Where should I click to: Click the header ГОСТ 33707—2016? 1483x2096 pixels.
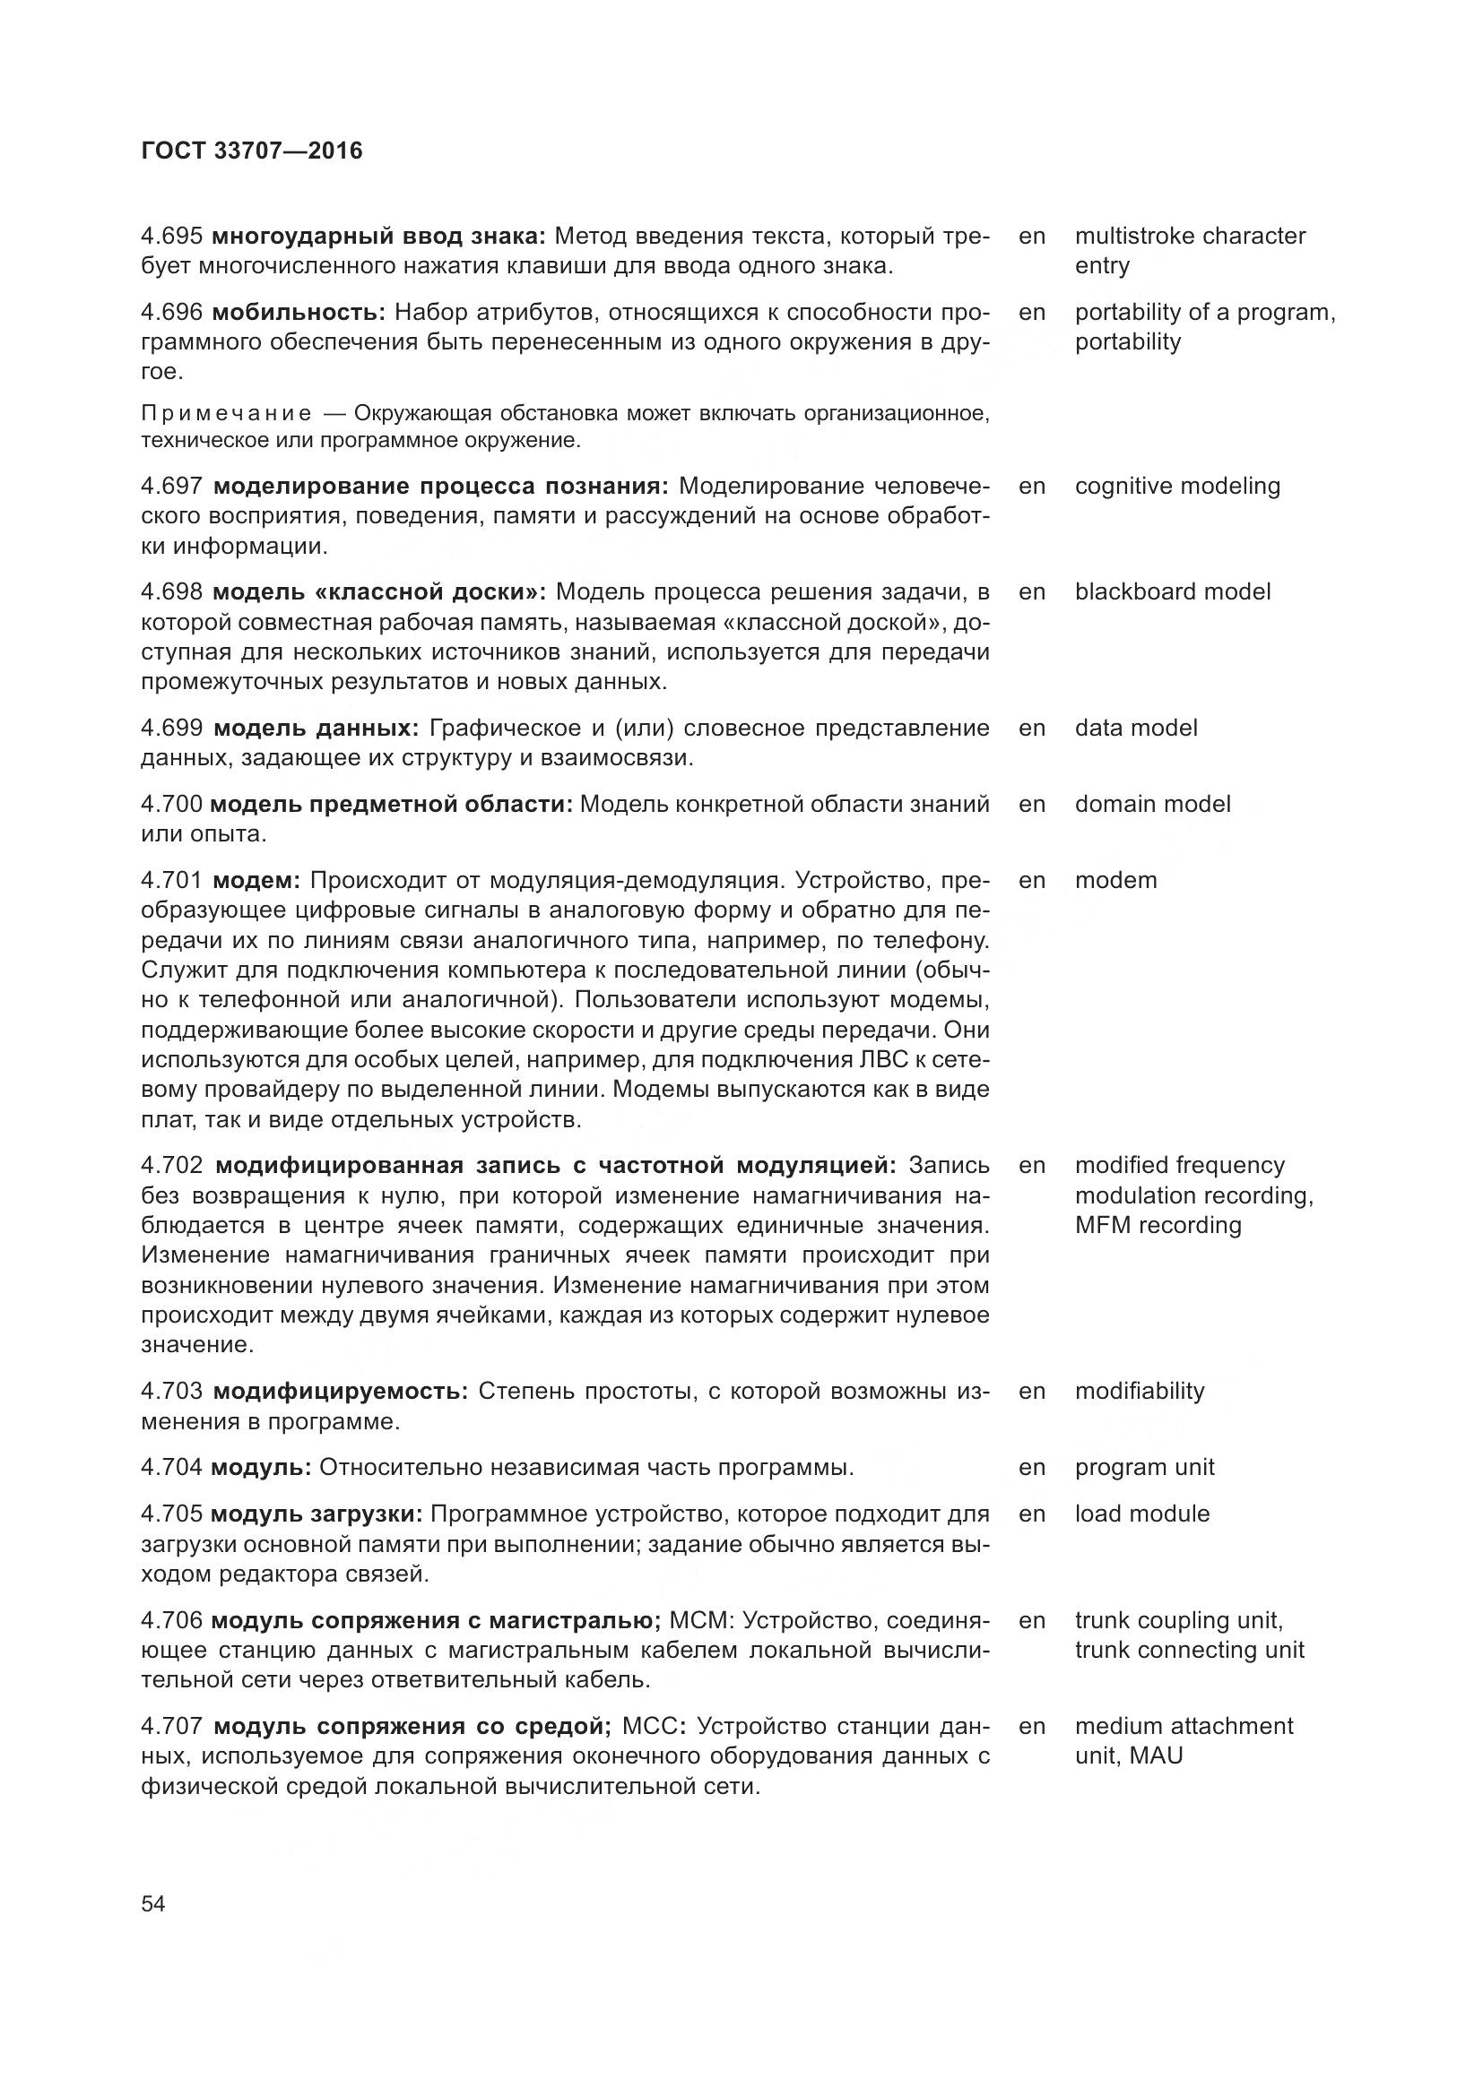(x=252, y=151)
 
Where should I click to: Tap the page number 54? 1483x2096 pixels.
(x=153, y=1903)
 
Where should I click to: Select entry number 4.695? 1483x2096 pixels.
(x=170, y=237)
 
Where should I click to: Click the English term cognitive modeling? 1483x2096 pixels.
(x=1177, y=486)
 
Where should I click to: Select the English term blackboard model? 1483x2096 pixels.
(x=1172, y=591)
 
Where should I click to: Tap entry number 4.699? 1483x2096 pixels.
(x=171, y=728)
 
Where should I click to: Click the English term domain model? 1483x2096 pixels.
(x=1151, y=803)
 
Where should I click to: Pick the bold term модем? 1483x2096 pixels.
(x=256, y=880)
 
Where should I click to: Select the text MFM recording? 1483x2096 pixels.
(x=1157, y=1225)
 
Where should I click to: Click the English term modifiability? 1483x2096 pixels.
(x=1139, y=1392)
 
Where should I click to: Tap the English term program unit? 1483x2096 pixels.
(x=1143, y=1467)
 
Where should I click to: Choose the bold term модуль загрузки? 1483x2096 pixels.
(x=316, y=1514)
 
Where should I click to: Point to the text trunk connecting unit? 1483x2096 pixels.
(x=1188, y=1650)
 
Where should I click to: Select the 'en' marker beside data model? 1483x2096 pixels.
(x=1031, y=728)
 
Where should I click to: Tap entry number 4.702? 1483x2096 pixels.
(x=171, y=1166)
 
